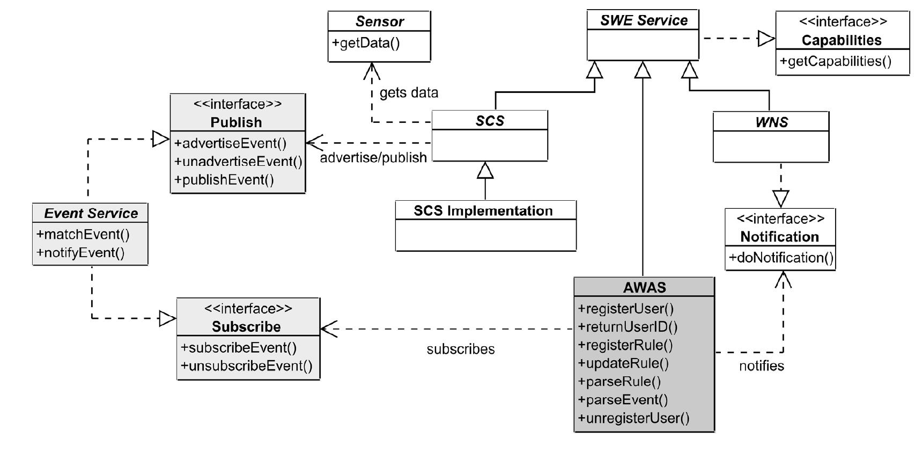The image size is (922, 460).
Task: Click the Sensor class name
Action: coord(379,21)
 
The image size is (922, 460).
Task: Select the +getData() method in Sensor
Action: coord(366,43)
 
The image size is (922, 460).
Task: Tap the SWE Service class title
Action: coord(643,20)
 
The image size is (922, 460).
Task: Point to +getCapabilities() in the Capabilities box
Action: coord(835,61)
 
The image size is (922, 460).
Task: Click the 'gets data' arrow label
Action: coord(409,93)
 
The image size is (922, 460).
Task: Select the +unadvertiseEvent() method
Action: coord(238,162)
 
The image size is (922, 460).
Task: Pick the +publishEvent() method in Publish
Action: coord(224,180)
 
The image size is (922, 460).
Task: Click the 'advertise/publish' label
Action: coord(373,158)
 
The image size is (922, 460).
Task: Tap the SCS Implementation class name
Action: coord(483,210)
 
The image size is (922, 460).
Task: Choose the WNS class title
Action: coord(771,122)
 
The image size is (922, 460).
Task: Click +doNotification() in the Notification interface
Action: coord(780,258)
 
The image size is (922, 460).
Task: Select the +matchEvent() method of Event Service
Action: coord(83,234)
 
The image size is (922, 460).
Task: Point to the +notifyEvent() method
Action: coord(80,252)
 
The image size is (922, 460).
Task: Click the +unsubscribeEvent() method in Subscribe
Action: coord(246,366)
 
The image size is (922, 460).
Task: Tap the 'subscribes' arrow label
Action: coord(460,349)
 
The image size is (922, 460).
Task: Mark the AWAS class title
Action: coord(644,287)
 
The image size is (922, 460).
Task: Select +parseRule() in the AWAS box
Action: coord(619,382)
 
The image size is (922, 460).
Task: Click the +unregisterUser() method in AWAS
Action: coord(633,418)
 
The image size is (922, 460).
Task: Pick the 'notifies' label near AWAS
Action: coord(761,366)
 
